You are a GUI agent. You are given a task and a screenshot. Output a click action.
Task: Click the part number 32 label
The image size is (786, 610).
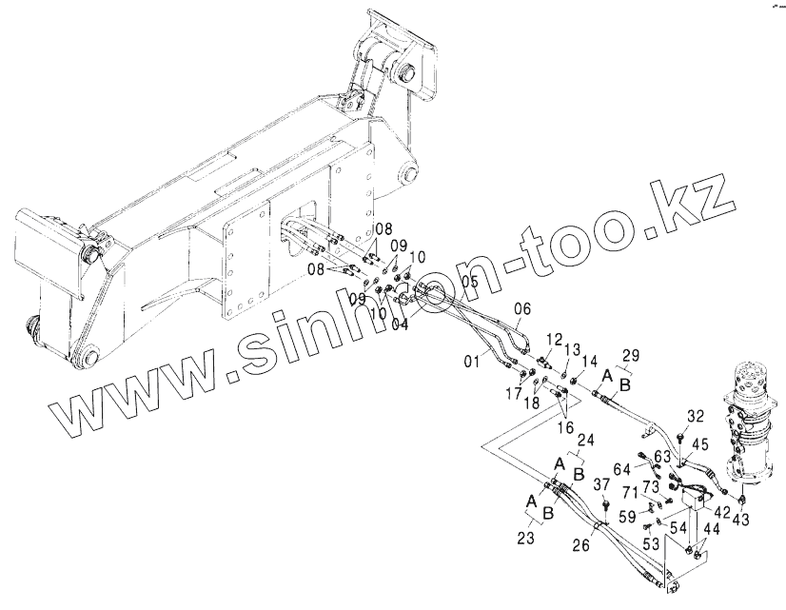[x=695, y=416]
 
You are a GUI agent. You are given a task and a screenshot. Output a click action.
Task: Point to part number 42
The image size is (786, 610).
[x=722, y=512]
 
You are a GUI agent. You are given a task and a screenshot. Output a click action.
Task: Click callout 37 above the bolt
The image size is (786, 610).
[x=601, y=483]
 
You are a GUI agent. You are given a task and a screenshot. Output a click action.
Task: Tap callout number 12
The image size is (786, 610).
[x=555, y=338]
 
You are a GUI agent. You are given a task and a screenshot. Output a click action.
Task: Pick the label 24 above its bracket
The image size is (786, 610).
[x=585, y=440]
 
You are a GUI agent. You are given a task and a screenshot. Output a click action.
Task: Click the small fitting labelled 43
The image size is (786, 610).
[x=741, y=497]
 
